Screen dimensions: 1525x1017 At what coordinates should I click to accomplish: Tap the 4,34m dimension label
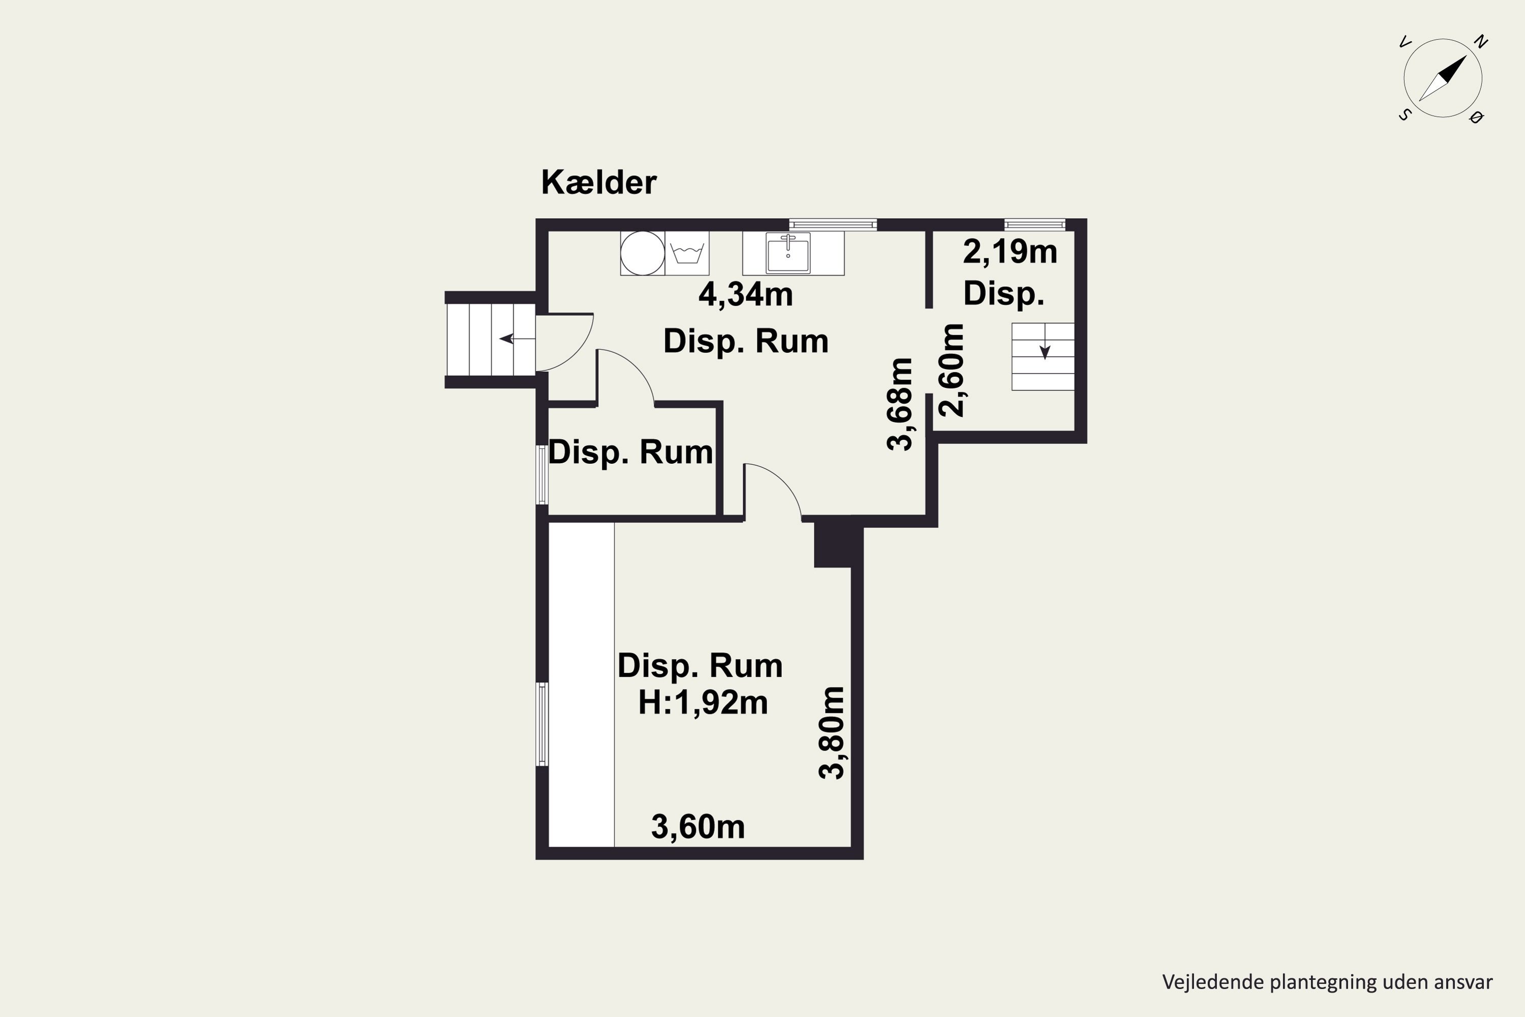point(746,295)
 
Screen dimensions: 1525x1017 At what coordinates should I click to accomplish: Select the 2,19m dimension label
point(1010,252)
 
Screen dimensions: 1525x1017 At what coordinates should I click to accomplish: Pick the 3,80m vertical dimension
point(832,733)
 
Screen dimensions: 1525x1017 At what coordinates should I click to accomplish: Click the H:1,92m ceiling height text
point(703,702)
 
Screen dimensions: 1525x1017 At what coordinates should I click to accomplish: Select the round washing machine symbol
point(643,253)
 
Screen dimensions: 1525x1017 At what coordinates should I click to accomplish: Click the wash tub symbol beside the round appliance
point(687,253)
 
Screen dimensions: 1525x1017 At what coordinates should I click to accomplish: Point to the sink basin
point(788,252)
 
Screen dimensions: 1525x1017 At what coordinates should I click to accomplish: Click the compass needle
point(1443,78)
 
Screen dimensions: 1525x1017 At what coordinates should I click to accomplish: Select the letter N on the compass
point(1480,42)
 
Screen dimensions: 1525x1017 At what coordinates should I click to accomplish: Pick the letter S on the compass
point(1405,115)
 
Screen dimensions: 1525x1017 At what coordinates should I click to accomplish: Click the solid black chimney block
point(833,542)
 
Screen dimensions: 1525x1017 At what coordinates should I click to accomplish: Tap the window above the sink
point(833,224)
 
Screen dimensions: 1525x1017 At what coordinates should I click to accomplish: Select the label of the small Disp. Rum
point(630,452)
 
